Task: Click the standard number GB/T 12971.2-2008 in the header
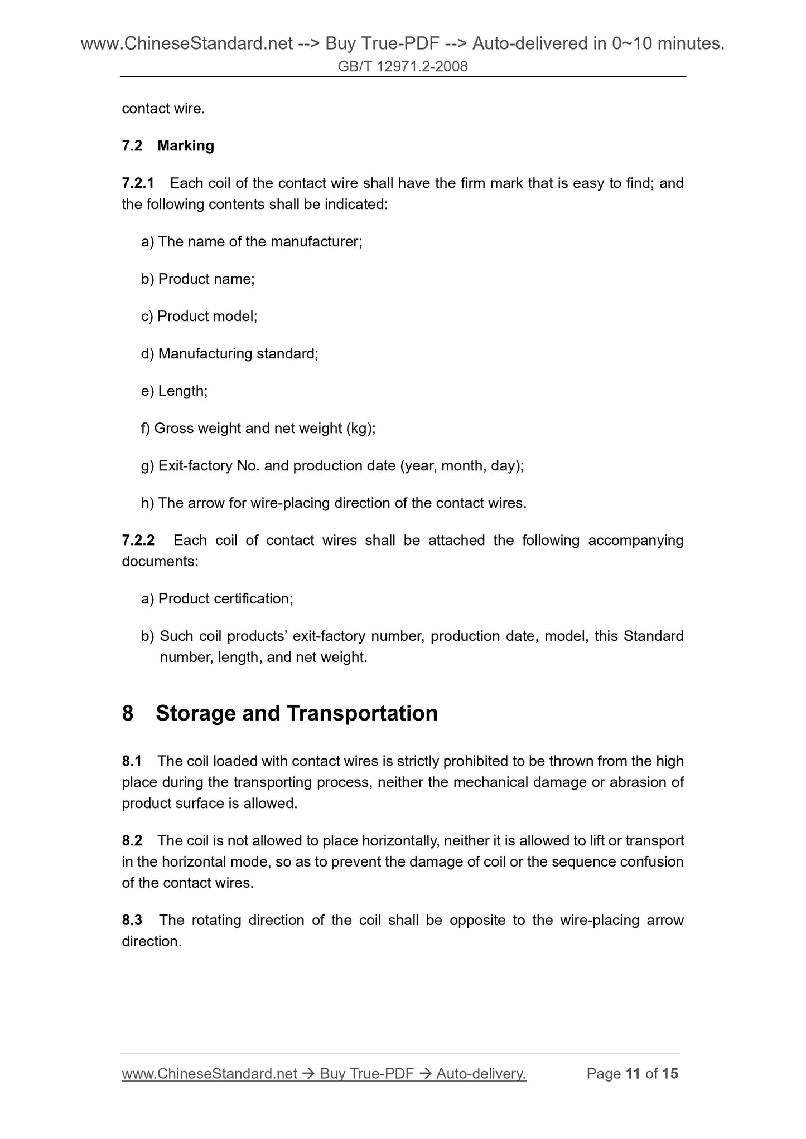(x=403, y=67)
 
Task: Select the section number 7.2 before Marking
(x=132, y=146)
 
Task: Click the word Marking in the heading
(x=186, y=146)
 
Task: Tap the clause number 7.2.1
(x=138, y=183)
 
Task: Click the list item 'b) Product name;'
(x=198, y=279)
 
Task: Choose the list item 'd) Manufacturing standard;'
(x=230, y=354)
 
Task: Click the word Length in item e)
(x=182, y=391)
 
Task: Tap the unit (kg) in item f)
(x=359, y=429)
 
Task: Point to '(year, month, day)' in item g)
(x=461, y=466)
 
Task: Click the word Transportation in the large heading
(x=362, y=713)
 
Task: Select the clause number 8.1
(x=132, y=761)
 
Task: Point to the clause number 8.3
(x=132, y=920)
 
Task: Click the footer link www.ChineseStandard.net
(x=209, y=1074)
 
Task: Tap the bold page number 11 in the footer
(x=633, y=1074)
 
